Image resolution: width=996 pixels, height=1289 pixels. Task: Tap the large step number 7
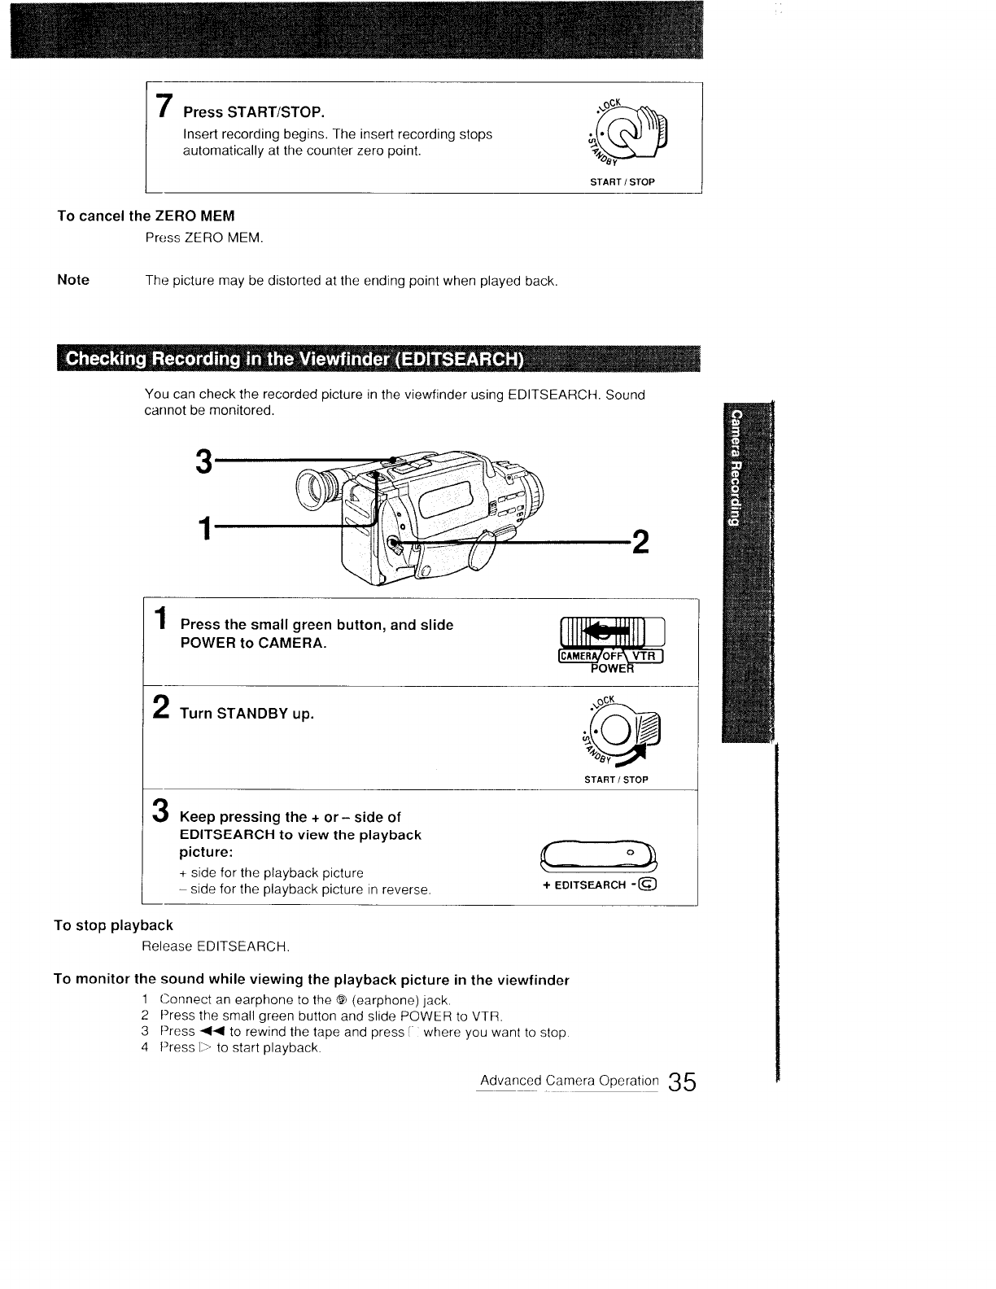(164, 106)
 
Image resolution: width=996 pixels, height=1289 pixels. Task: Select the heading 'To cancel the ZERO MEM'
(146, 216)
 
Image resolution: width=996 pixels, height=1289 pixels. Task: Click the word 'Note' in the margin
(73, 280)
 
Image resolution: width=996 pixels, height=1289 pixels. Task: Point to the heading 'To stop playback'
(113, 925)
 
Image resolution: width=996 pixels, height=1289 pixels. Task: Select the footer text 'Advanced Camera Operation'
(569, 1081)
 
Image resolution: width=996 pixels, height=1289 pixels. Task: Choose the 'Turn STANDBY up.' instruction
(247, 714)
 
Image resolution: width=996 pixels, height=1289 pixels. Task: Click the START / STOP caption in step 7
(622, 181)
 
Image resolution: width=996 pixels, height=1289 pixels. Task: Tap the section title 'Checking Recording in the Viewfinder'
(293, 360)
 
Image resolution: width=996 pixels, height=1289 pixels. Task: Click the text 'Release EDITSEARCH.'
(216, 946)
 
